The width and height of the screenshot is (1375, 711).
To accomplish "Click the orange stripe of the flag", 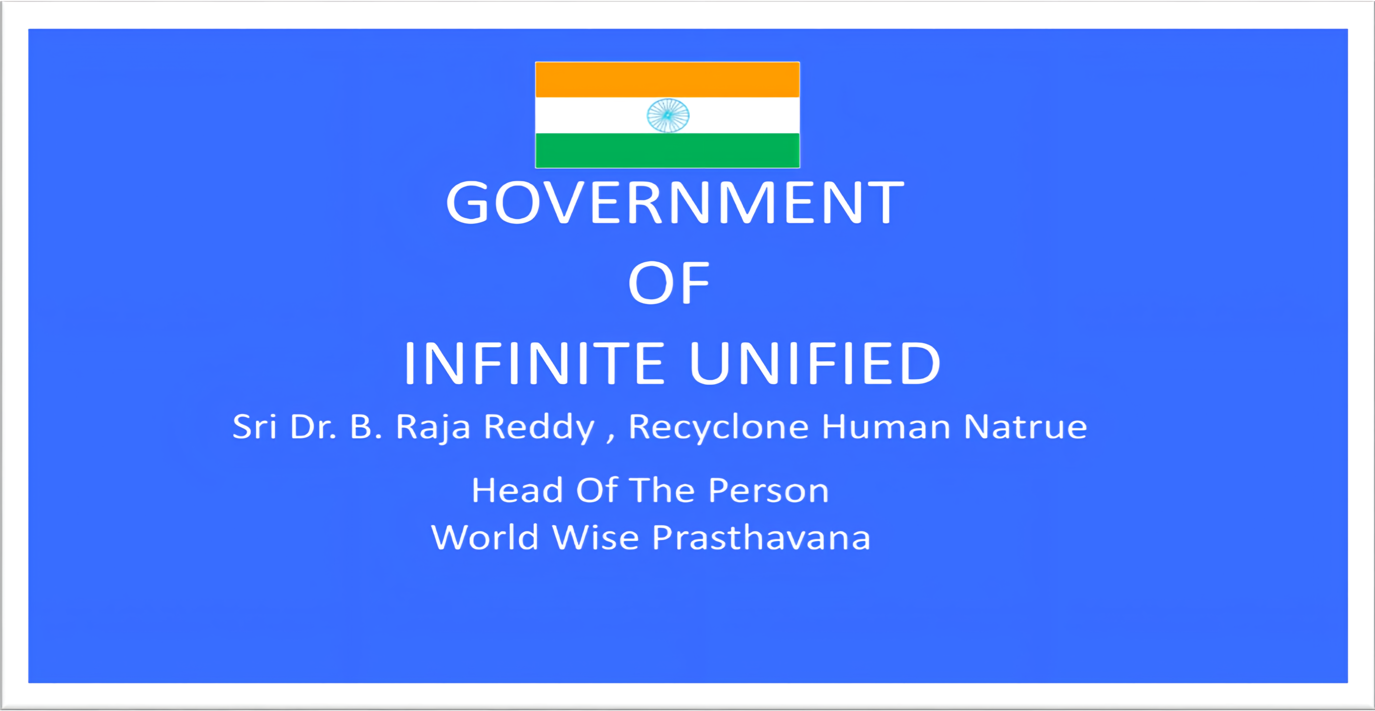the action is click(667, 80).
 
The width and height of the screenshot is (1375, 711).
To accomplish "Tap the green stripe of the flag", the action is click(667, 150).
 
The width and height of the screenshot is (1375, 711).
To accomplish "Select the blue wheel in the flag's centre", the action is click(668, 115).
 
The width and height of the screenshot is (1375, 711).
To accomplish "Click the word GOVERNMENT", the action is click(675, 202).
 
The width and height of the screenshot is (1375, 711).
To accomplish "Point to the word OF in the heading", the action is click(669, 283).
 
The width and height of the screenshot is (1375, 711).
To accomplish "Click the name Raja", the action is click(433, 428).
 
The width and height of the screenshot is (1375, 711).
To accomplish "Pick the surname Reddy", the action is click(538, 428).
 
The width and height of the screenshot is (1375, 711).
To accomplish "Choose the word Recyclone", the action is click(718, 428).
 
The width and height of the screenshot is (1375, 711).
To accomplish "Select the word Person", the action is click(769, 490).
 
